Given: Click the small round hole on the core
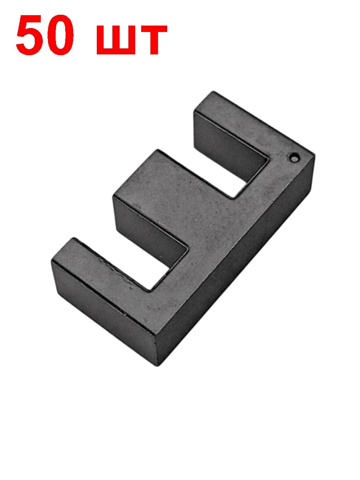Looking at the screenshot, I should click(294, 158).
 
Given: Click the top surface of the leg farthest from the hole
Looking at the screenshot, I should click(100, 264).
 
